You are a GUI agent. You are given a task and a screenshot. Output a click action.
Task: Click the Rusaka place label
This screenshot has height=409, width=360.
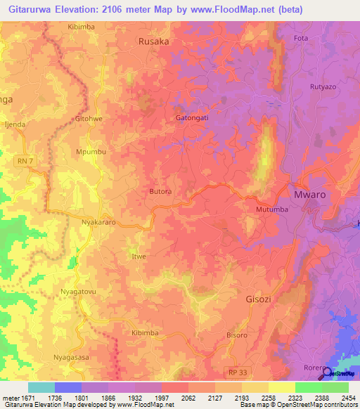click(154, 41)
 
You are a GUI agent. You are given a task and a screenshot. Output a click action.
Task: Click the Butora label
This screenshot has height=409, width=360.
click(162, 190)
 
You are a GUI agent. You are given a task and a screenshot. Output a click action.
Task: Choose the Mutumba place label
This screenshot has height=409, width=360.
click(267, 208)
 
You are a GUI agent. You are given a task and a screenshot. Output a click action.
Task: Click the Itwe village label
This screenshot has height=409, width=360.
click(139, 257)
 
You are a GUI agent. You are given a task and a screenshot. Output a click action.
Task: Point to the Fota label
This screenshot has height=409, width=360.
click(302, 37)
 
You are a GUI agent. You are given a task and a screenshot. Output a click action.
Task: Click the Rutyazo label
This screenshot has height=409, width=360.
click(325, 87)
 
